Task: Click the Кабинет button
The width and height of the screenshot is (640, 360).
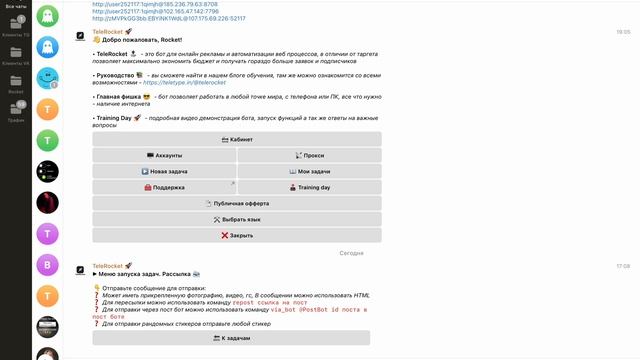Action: click(x=236, y=140)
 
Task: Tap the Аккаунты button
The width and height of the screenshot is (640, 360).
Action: click(x=163, y=156)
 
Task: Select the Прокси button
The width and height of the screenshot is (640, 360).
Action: click(x=309, y=156)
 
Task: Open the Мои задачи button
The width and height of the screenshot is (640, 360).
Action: click(x=309, y=171)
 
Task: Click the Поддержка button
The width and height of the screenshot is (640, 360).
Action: click(x=163, y=187)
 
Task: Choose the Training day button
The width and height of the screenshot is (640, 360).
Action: click(x=309, y=187)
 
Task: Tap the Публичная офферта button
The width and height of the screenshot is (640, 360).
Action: click(x=236, y=203)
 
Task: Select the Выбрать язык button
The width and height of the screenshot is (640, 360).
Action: click(x=236, y=219)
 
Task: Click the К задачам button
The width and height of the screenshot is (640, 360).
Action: click(x=231, y=338)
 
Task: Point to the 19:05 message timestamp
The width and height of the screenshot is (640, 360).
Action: click(x=623, y=32)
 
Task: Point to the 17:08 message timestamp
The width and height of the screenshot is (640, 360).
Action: click(x=623, y=266)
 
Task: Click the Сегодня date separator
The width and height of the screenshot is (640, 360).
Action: click(x=351, y=253)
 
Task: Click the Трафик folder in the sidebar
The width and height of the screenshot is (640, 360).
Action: click(x=16, y=111)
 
